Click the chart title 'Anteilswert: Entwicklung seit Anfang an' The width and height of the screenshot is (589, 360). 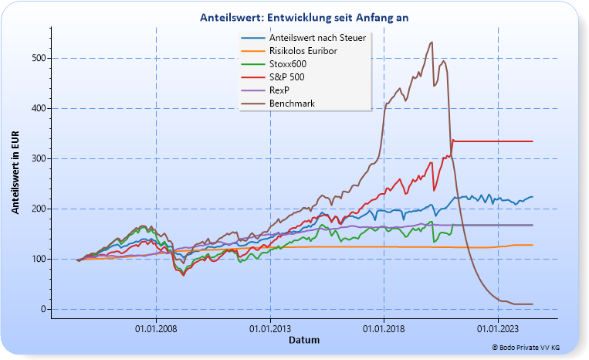303,16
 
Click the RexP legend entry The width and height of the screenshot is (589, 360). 280,90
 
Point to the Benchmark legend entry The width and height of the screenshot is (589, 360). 292,103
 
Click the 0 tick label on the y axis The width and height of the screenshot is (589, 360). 43,309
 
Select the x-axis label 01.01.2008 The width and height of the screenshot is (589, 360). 156,328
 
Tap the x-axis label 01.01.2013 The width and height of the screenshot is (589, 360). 270,328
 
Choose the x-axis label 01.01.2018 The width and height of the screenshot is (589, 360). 384,328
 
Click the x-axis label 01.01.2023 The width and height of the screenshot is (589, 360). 498,328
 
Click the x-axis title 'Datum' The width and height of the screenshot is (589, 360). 303,340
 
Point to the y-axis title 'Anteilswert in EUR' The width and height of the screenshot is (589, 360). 15,172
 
